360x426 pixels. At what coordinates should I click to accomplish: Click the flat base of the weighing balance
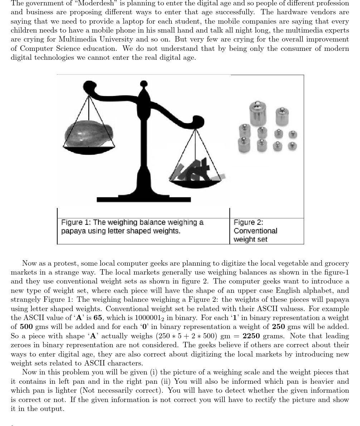tap(143, 199)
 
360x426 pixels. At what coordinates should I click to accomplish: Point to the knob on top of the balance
tap(143, 84)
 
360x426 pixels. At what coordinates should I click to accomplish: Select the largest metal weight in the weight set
tap(258, 113)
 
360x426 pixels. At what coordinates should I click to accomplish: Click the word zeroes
tap(21, 345)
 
